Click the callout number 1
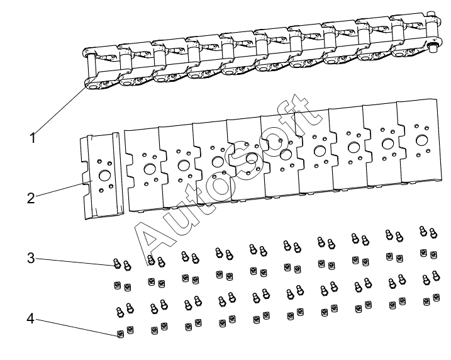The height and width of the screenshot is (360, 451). (x=33, y=138)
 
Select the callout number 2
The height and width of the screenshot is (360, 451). (x=31, y=198)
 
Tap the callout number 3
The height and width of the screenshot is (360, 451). (x=31, y=258)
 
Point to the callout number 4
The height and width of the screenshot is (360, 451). (x=31, y=318)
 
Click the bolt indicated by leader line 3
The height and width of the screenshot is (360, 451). (x=117, y=263)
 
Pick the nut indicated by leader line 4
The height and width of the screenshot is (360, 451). (x=120, y=334)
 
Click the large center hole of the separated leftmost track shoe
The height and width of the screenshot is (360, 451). (x=104, y=176)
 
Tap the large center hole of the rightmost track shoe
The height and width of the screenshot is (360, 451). (x=421, y=140)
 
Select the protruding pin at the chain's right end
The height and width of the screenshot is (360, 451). (x=431, y=48)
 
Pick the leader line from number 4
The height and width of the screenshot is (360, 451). (x=76, y=327)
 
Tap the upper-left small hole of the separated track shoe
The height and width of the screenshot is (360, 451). (x=100, y=161)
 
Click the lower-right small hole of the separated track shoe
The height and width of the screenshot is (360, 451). (x=111, y=186)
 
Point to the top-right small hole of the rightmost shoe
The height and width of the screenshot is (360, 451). (x=426, y=128)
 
